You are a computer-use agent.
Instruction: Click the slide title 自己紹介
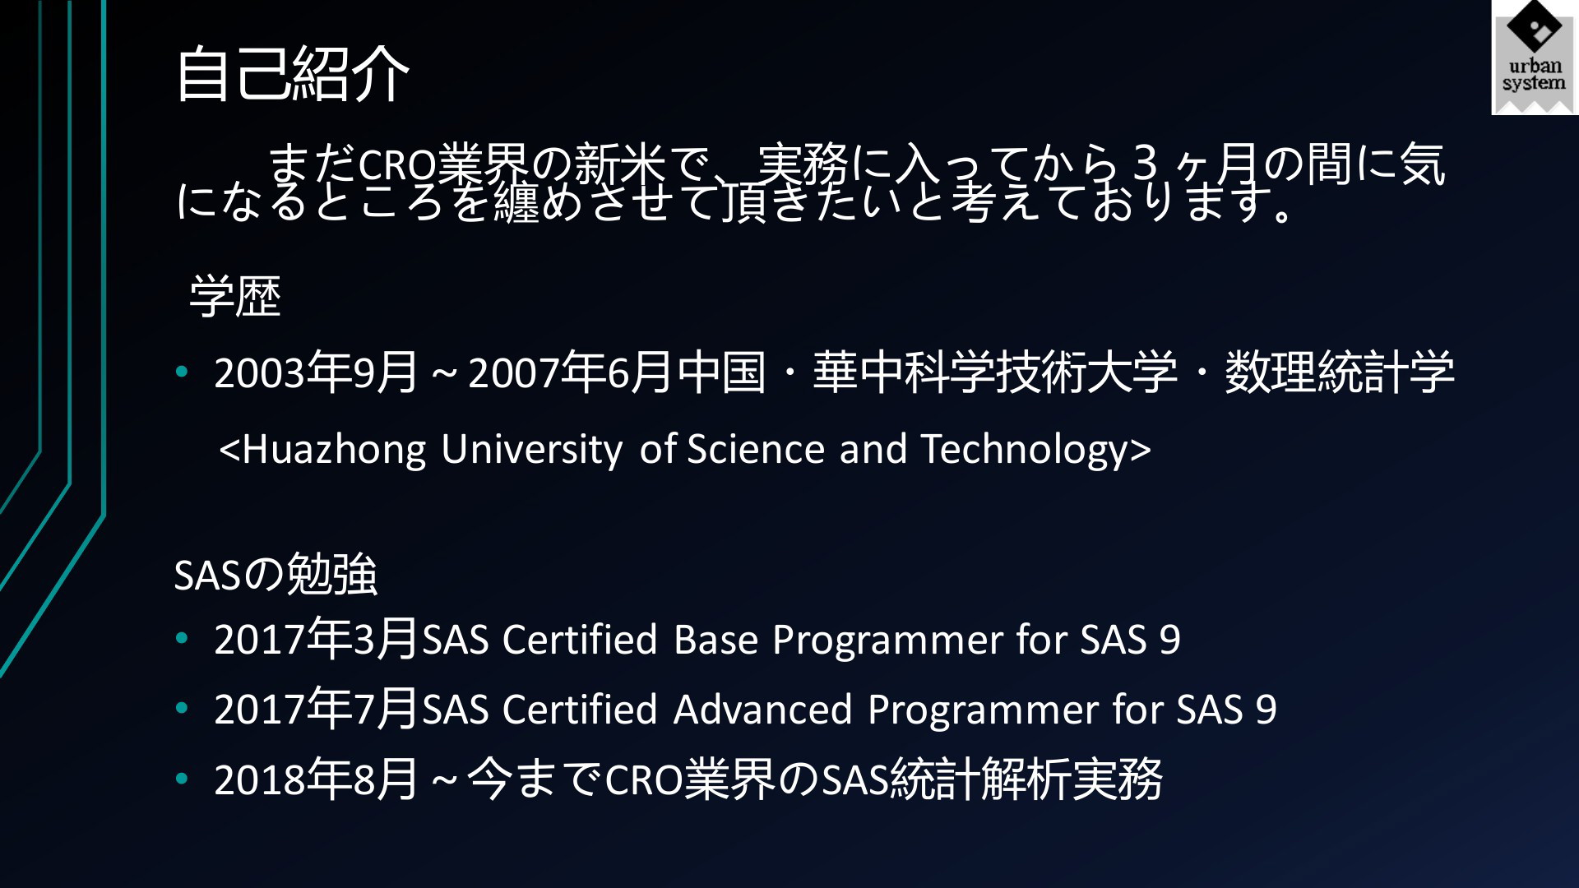tap(292, 74)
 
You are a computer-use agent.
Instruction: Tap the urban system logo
tap(1535, 58)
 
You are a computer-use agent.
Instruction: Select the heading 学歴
tap(235, 297)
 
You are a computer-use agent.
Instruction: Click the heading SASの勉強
tap(276, 574)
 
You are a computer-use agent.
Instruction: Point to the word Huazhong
tap(334, 450)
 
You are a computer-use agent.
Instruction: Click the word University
tap(531, 450)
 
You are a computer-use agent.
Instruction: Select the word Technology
tap(1025, 450)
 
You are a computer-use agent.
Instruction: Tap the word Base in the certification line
tap(715, 640)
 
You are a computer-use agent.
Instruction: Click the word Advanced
tap(762, 710)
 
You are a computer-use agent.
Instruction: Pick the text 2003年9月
tap(316, 372)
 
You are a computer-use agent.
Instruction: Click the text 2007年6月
tap(570, 372)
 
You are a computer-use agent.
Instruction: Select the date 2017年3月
tap(316, 640)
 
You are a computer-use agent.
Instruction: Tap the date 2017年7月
tap(316, 710)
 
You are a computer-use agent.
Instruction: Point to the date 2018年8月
tap(316, 779)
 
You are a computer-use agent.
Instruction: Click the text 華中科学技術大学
tap(995, 372)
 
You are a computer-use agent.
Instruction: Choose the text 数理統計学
tap(1340, 372)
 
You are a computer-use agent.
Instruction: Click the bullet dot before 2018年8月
tap(182, 778)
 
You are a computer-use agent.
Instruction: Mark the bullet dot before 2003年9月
tap(182, 372)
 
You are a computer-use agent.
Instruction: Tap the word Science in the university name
tap(756, 450)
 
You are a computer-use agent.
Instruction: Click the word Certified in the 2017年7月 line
tap(580, 710)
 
